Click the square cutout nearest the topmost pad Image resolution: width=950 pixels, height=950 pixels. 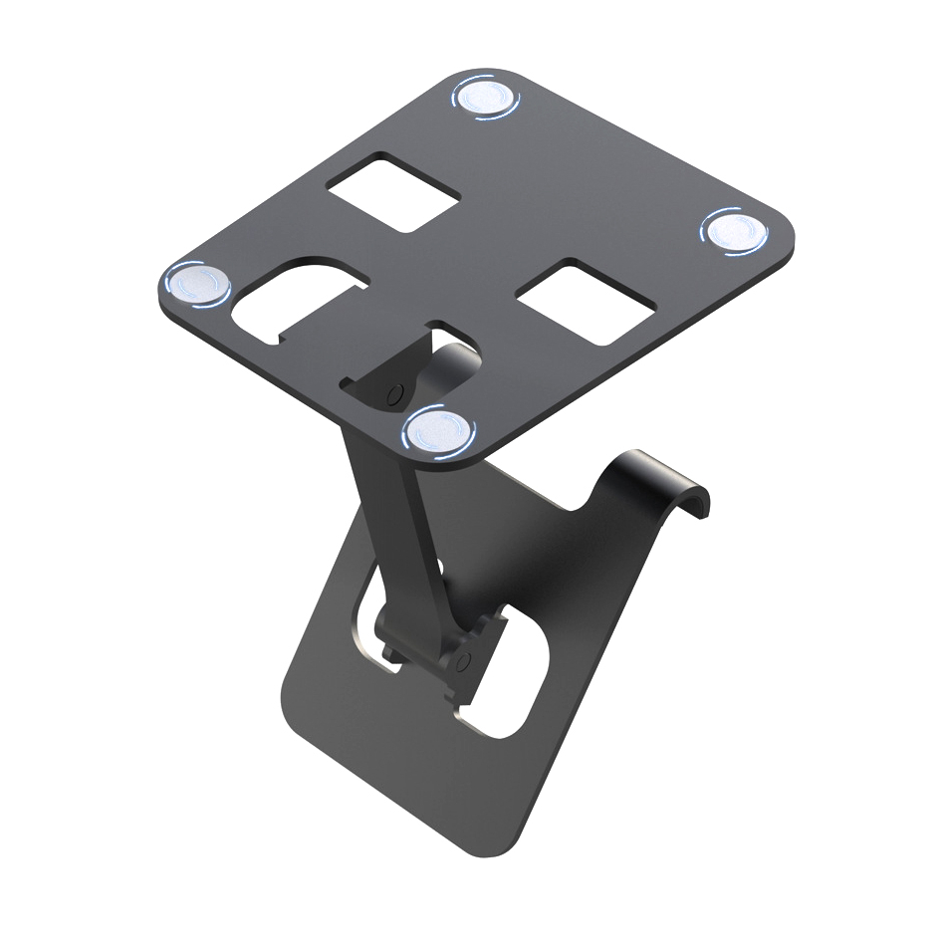pyautogui.click(x=394, y=192)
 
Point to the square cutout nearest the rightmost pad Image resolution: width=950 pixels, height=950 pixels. pyautogui.click(x=587, y=303)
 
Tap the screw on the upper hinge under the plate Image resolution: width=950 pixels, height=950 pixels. pyautogui.click(x=395, y=389)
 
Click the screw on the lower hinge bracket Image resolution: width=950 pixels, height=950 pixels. pyautogui.click(x=464, y=661)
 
